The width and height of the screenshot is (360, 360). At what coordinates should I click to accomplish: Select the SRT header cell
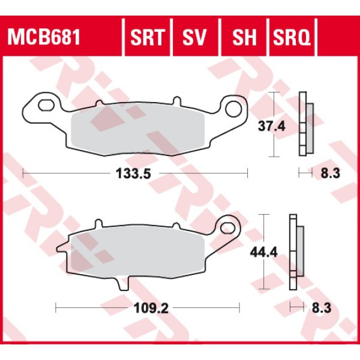[x=147, y=38]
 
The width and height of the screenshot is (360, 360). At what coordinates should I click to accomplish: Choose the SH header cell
[x=245, y=38]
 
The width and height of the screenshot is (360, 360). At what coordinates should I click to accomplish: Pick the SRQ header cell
[x=292, y=38]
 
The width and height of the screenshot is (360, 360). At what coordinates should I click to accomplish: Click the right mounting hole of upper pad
[x=234, y=109]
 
